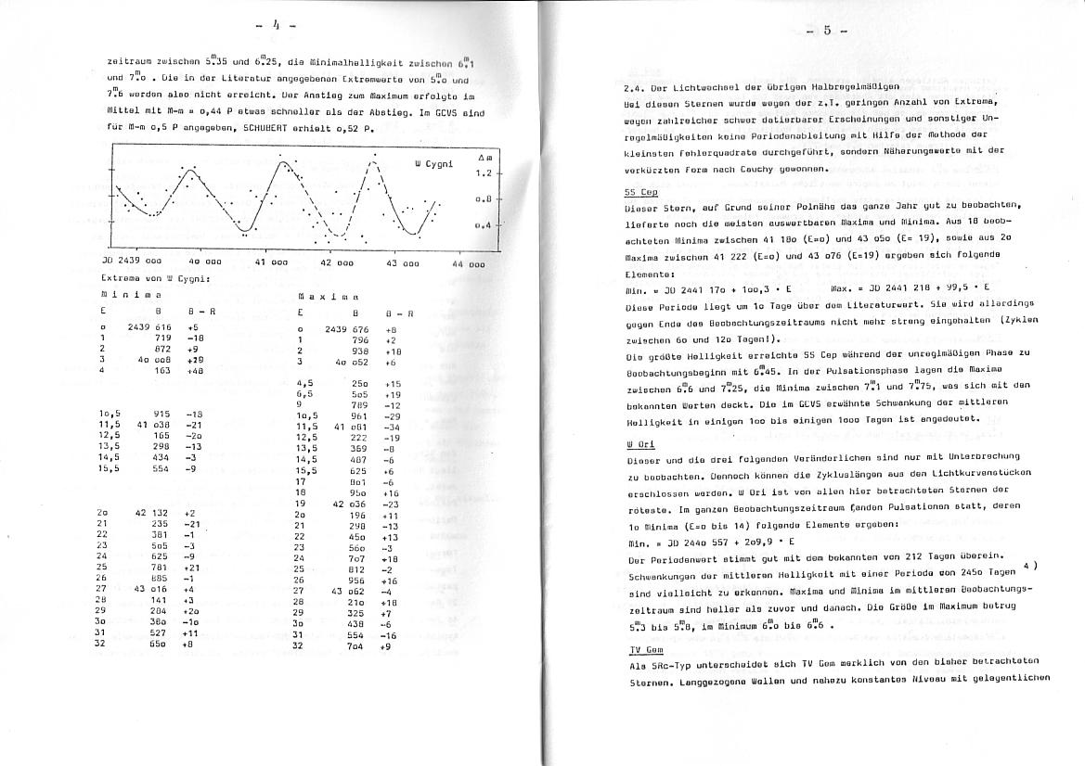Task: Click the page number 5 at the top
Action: pos(825,32)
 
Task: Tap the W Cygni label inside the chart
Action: pos(433,164)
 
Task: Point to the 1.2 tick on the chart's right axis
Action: pos(483,173)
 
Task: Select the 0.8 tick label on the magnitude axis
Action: pos(483,199)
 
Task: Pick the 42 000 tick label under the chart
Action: pos(335,263)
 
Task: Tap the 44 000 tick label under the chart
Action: pos(468,264)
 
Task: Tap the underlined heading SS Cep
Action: pos(640,192)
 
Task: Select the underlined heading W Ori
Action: pos(640,444)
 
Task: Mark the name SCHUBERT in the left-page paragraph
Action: pos(270,129)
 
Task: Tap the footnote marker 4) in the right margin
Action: pos(1029,565)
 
